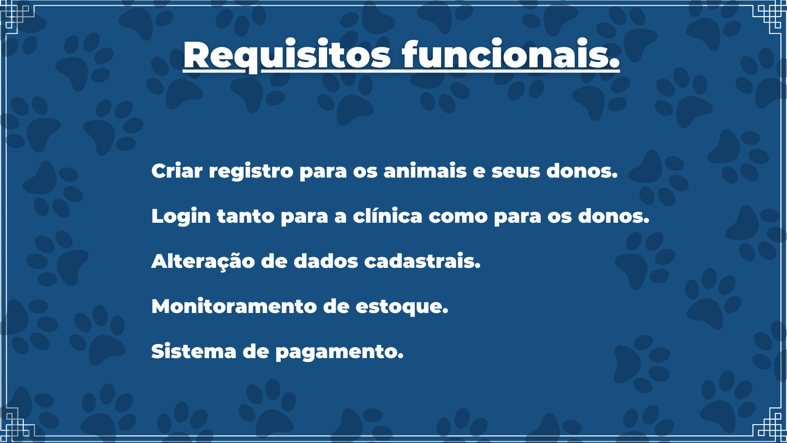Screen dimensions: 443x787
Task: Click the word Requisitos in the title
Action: coord(287,55)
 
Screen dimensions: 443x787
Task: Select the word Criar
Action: coord(177,171)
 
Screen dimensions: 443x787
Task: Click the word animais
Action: coord(425,171)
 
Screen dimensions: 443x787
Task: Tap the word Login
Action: coord(181,217)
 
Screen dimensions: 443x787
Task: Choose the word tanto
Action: coord(246,217)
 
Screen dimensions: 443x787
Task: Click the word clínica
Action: coord(387,216)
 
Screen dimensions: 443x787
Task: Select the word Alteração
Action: coord(203,262)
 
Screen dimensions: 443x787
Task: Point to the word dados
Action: coord(326,261)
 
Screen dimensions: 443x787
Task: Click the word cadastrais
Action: coord(422,261)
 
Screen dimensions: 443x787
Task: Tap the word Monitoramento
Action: coord(234,306)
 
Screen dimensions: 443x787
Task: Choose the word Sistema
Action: coord(193,352)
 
